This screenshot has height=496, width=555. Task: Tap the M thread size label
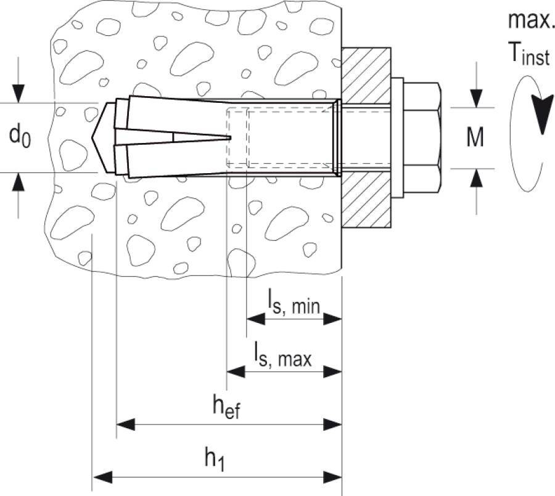[x=474, y=138]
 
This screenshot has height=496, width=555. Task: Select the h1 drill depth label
[x=215, y=459]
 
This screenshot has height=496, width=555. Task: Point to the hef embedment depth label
[x=226, y=408]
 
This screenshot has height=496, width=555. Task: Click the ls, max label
[x=283, y=356]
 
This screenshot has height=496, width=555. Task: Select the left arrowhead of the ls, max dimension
[x=234, y=371]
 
